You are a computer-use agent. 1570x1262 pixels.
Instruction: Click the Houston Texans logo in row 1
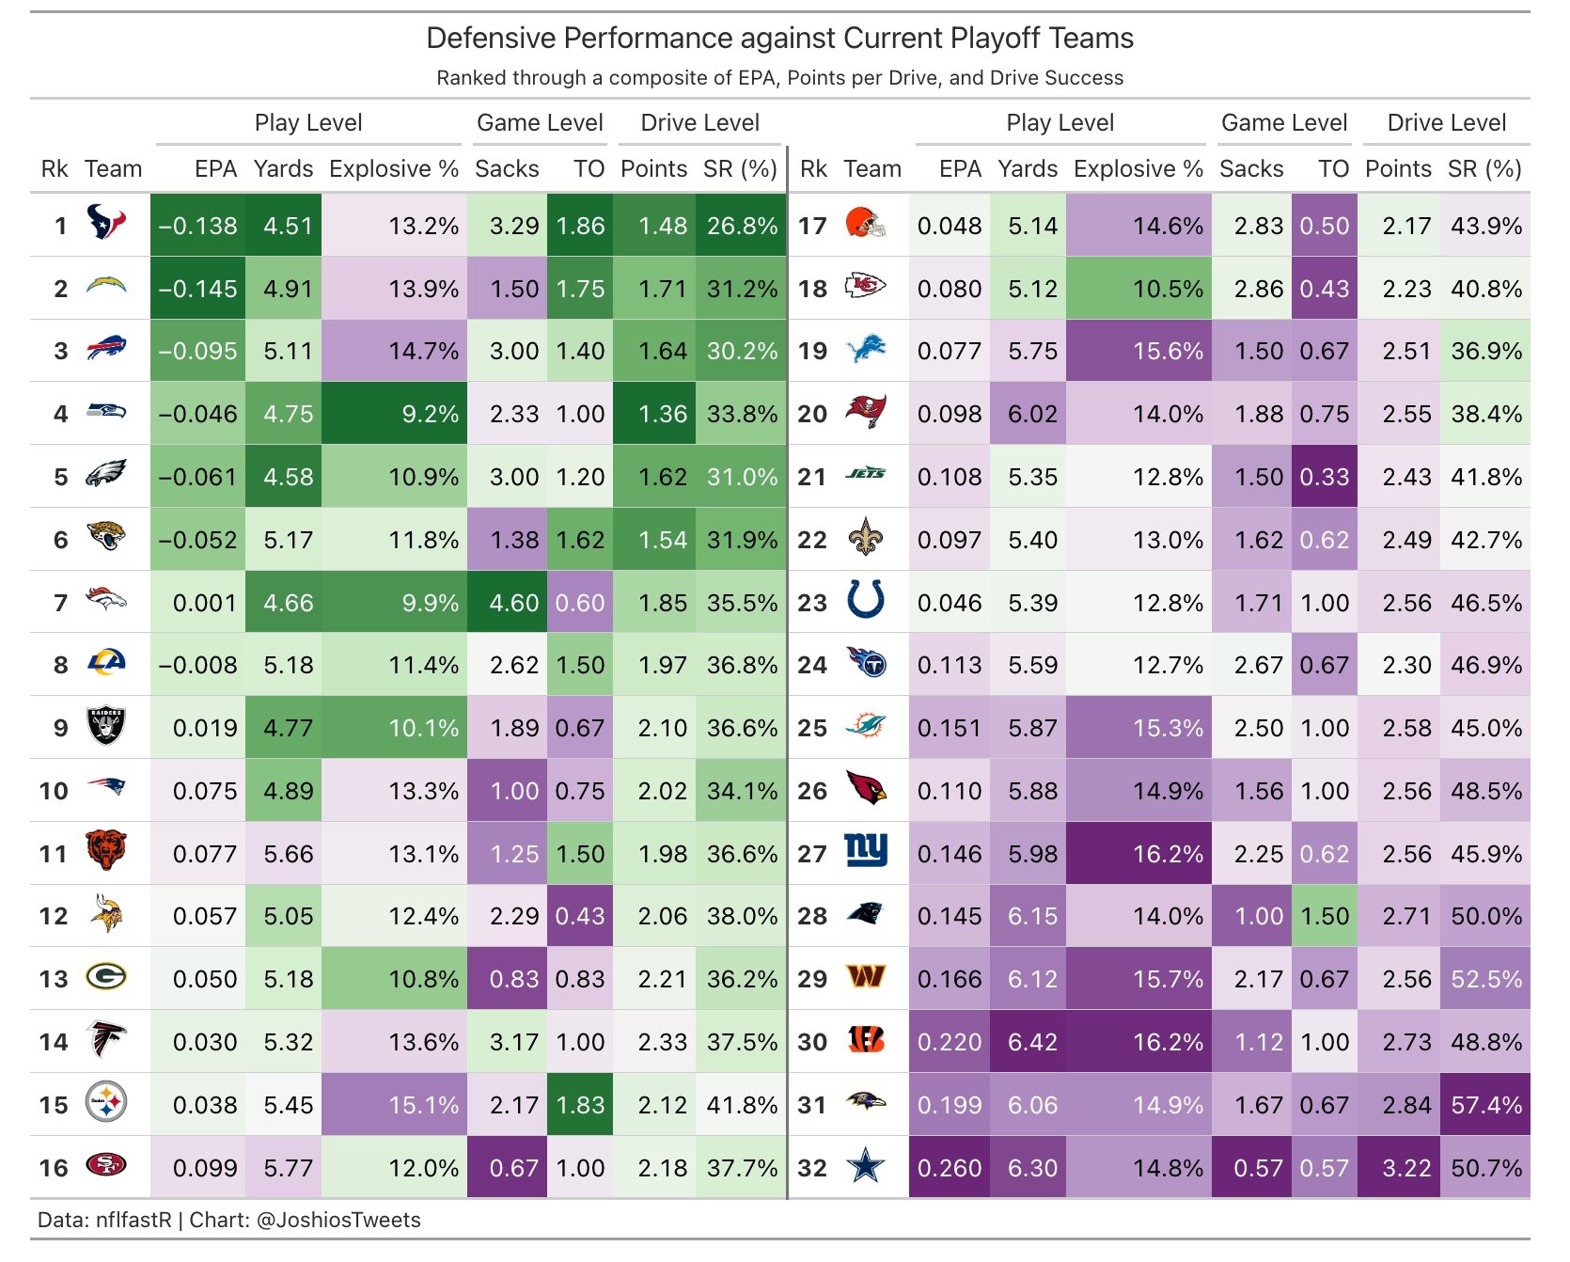pyautogui.click(x=106, y=223)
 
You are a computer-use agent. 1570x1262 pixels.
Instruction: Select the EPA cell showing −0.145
pyautogui.click(x=198, y=289)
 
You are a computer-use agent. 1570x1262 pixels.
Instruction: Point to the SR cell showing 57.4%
pyautogui.click(x=1486, y=1105)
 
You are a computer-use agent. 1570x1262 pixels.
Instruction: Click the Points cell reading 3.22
pyautogui.click(x=1406, y=1168)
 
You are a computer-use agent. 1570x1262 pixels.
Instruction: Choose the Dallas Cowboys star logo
pyautogui.click(x=866, y=1167)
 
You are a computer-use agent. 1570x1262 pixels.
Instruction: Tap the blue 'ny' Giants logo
pyautogui.click(x=866, y=851)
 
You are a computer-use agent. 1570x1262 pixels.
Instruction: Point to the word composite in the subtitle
pyautogui.click(x=647, y=78)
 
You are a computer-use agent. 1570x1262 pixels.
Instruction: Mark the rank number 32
pyautogui.click(x=812, y=1168)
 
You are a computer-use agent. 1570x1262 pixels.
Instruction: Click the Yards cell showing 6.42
pyautogui.click(x=1032, y=1042)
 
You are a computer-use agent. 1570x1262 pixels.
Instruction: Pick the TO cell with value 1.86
pyautogui.click(x=580, y=226)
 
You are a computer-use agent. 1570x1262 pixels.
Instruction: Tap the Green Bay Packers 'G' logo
pyautogui.click(x=106, y=977)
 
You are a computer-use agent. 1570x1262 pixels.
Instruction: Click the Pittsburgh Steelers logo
pyautogui.click(x=106, y=1102)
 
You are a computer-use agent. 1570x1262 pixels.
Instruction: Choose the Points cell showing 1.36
pyautogui.click(x=663, y=414)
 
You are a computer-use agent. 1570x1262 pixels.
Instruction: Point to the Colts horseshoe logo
pyautogui.click(x=866, y=600)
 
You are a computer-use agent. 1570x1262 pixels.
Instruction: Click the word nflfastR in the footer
pyautogui.click(x=133, y=1221)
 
